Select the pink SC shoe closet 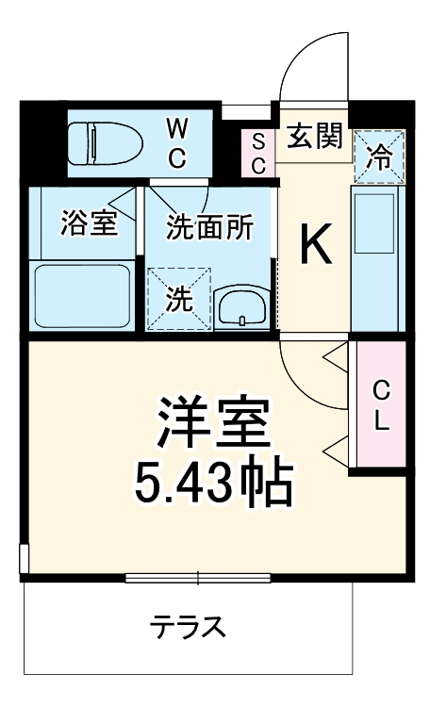(x=258, y=151)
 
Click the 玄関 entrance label (x=313, y=138)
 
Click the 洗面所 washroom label (x=210, y=227)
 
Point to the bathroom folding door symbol (x=122, y=201)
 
